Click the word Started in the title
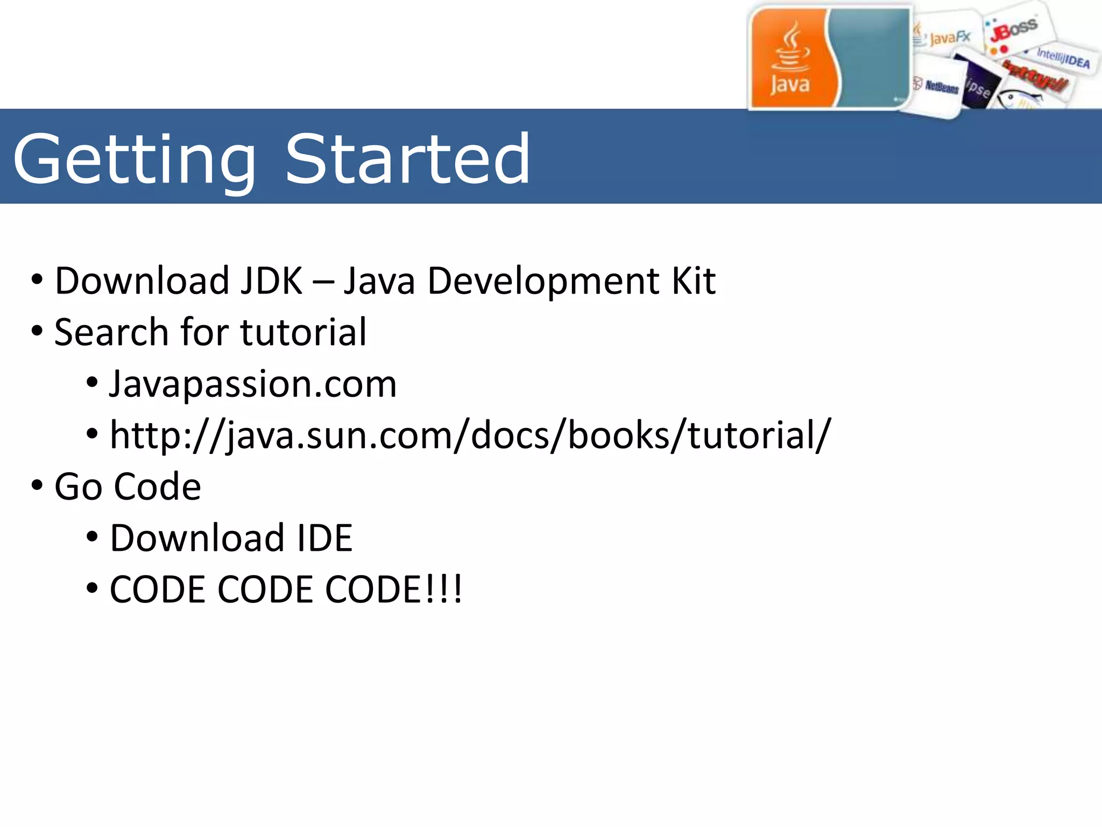coord(407,159)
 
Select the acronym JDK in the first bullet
coord(271,281)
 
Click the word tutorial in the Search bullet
coord(303,332)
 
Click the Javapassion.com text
coord(253,384)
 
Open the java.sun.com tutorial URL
coord(470,435)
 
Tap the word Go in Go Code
coord(79,487)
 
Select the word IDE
coord(325,538)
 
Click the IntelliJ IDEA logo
coord(1063,59)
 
